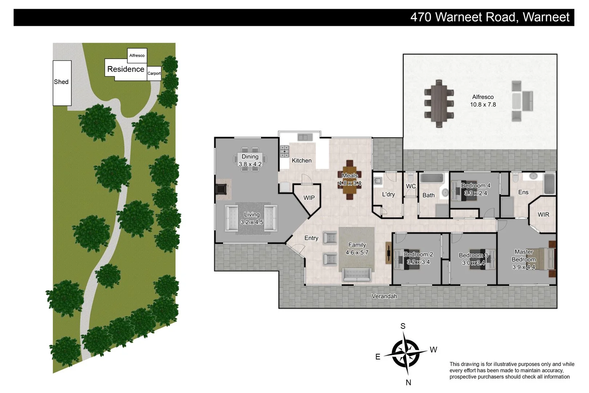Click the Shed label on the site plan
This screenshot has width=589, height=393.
point(61,82)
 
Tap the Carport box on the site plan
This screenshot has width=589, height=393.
point(154,74)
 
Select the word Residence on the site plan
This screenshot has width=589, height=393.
point(126,69)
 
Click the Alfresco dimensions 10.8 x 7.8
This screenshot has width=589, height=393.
point(483,104)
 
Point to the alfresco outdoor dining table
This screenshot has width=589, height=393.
point(439,103)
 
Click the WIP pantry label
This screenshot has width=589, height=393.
point(309,198)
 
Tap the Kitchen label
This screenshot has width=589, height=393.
point(301,160)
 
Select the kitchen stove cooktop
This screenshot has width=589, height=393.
point(284,151)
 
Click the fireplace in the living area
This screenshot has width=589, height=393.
point(221,189)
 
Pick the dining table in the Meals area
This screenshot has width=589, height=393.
point(349,180)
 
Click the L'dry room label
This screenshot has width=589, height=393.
point(388,194)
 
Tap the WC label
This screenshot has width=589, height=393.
point(411,186)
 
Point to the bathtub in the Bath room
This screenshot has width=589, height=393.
point(432,178)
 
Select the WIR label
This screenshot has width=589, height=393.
point(544,215)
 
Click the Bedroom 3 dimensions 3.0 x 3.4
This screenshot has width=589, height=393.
point(473,263)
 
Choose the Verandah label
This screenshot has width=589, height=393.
point(384,296)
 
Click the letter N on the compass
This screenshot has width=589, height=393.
point(408,382)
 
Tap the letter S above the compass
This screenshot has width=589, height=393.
point(403,326)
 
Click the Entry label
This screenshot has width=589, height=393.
point(311,238)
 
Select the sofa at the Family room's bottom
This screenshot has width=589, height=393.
point(357,275)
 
